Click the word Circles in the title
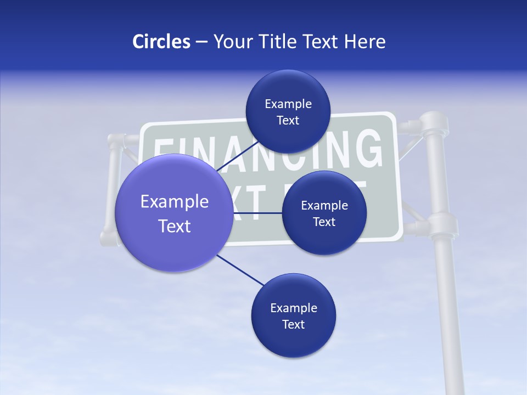coord(161,42)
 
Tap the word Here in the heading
coord(365,42)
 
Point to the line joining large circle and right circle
coord(257,213)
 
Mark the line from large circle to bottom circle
coord(240,270)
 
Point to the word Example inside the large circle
coord(175,202)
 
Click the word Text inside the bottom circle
coord(293,324)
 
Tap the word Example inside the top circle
coord(288,104)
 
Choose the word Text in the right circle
coord(324,222)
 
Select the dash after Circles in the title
coord(201,42)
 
